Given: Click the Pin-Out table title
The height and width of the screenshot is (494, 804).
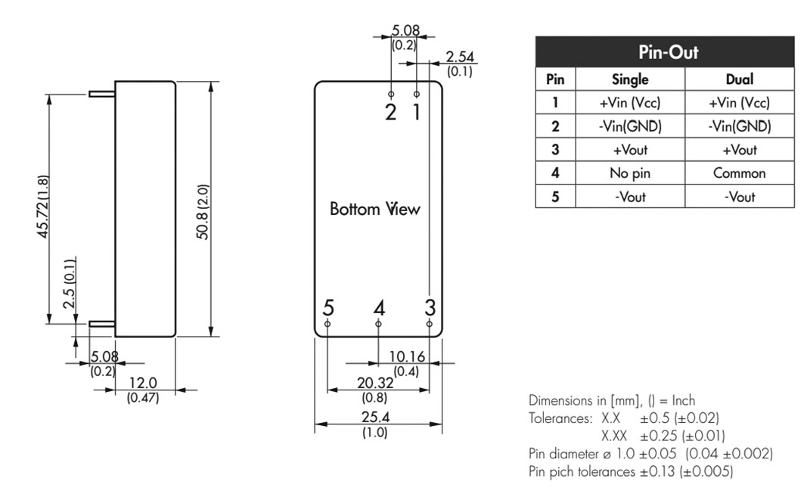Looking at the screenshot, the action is (668, 52).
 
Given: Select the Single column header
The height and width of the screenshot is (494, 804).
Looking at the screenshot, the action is (630, 79).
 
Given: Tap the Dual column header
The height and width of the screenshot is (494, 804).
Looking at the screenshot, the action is (740, 79).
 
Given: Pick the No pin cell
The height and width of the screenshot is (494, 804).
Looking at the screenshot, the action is (630, 173).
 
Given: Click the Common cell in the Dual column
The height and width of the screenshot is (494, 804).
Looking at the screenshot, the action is (740, 173).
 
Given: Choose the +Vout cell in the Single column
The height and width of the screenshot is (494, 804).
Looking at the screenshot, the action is (630, 150).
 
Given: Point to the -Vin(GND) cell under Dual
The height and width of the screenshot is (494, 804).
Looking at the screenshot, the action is (740, 126).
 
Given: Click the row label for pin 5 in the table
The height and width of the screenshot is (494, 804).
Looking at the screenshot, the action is (555, 197).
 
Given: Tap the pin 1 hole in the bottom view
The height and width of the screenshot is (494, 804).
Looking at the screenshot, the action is (416, 94).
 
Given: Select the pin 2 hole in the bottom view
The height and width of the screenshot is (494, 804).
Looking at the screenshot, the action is (391, 94).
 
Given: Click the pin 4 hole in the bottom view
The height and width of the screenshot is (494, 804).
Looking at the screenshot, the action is (378, 324).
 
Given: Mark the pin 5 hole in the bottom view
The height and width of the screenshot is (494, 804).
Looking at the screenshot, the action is (327, 324).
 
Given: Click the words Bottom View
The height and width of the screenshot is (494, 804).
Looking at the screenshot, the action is (375, 209).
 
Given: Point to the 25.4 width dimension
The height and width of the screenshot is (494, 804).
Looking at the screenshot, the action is (375, 417).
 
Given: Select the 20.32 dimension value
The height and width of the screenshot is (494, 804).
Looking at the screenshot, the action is (375, 383).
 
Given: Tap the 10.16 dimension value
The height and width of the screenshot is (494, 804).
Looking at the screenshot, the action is (407, 356).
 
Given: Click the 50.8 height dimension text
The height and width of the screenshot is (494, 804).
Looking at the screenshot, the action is (203, 211).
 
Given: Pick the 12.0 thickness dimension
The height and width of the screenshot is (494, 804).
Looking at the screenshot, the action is (142, 383).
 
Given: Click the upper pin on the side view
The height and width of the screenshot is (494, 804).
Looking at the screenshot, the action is (101, 94).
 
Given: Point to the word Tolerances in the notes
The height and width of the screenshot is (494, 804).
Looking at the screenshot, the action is (560, 418).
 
